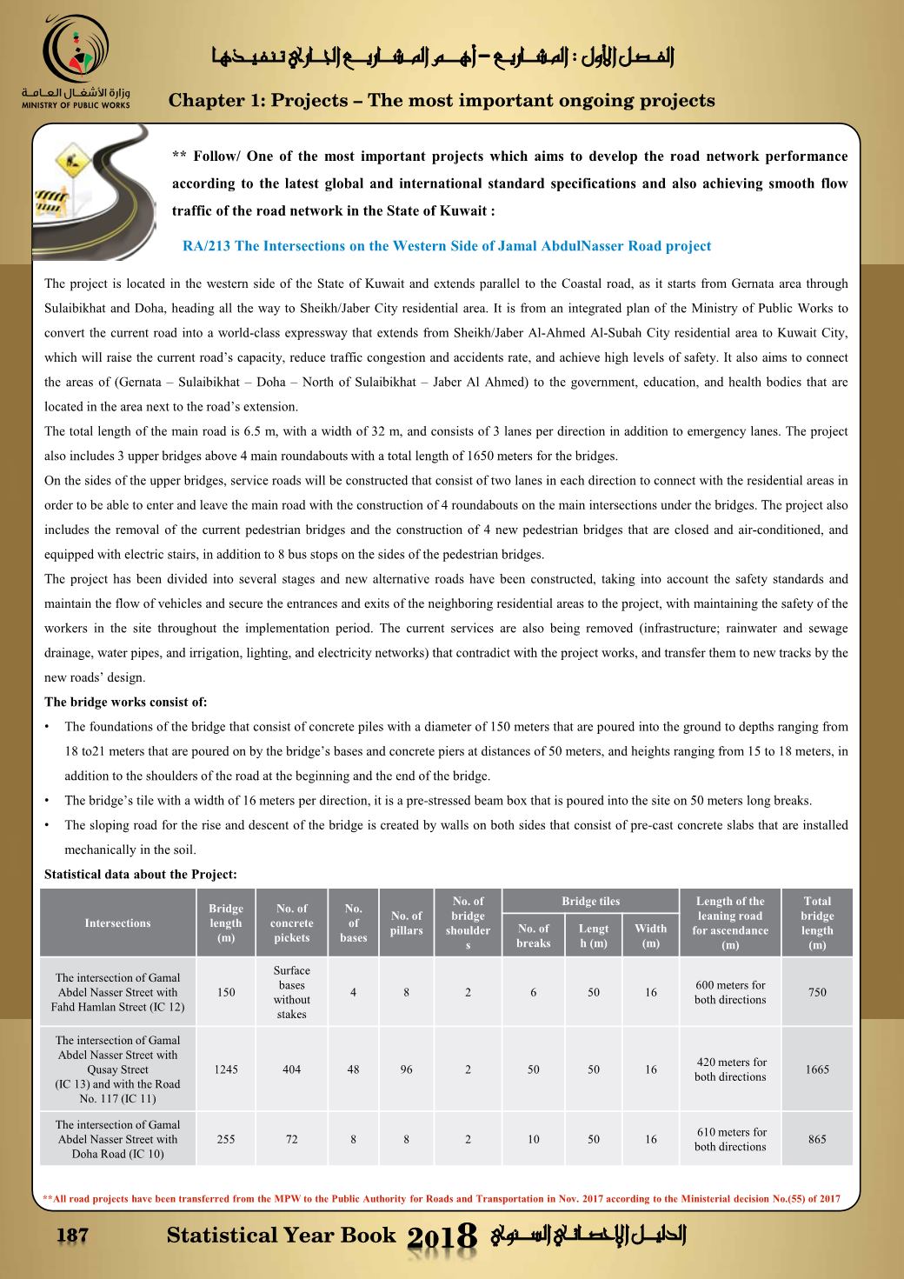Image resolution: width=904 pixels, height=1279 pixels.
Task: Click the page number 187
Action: [70, 1236]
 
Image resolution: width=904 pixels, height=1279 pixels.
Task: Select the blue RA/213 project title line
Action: [447, 246]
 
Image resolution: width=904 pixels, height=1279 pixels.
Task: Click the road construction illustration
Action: [94, 194]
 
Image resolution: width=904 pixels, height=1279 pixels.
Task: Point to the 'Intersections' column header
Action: [117, 923]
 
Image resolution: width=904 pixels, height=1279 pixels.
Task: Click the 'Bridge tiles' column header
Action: [590, 902]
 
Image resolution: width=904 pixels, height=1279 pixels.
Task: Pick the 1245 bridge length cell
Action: [226, 1069]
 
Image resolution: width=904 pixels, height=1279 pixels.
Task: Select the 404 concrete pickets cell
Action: [292, 1069]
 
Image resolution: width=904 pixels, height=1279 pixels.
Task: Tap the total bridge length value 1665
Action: [817, 1069]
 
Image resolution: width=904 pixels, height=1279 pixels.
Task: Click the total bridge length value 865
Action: [817, 1139]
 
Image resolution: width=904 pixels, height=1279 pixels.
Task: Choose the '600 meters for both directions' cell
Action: [730, 992]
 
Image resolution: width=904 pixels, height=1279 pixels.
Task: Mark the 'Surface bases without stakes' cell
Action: [292, 992]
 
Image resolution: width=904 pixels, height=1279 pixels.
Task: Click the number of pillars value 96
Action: [406, 1069]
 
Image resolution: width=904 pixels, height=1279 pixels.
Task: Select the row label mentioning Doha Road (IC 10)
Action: [117, 1139]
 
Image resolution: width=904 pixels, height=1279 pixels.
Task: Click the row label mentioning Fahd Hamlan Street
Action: [117, 992]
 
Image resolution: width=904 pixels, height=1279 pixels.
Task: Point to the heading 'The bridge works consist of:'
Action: [126, 703]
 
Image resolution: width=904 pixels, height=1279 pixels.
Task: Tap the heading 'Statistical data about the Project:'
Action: [141, 874]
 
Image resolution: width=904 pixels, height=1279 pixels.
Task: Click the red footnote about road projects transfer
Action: [442, 1199]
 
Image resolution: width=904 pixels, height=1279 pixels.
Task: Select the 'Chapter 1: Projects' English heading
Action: [442, 101]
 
